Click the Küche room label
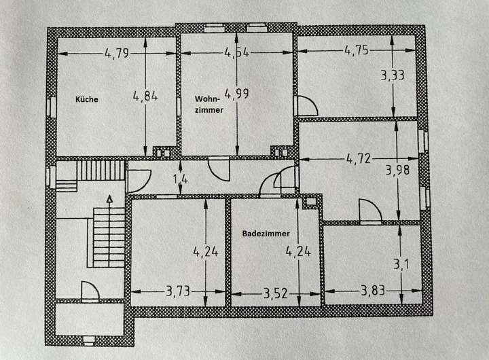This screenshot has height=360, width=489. point(87,100)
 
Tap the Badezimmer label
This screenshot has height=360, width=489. point(266,234)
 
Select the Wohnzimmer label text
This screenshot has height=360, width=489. point(209,104)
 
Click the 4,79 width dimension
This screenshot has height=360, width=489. point(117,54)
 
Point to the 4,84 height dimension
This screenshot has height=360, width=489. point(145,96)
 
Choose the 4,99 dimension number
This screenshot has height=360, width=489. point(237,93)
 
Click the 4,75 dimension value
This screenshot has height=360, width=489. point(357,50)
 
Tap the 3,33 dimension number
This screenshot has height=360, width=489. point(393,75)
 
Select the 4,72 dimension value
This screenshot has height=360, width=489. point(359,159)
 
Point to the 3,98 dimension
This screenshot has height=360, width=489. point(397,170)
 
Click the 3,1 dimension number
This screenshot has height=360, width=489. point(401,264)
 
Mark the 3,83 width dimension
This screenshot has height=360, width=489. point(373,291)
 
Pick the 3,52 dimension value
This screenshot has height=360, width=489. point(275,293)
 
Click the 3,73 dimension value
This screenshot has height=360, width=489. point(178,291)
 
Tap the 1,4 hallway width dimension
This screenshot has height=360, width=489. point(180,179)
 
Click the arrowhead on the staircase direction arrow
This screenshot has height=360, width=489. point(109,199)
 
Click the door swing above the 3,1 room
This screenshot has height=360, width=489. point(371,211)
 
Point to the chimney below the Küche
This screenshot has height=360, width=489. point(163,152)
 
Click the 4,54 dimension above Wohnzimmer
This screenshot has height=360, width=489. point(237,53)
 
